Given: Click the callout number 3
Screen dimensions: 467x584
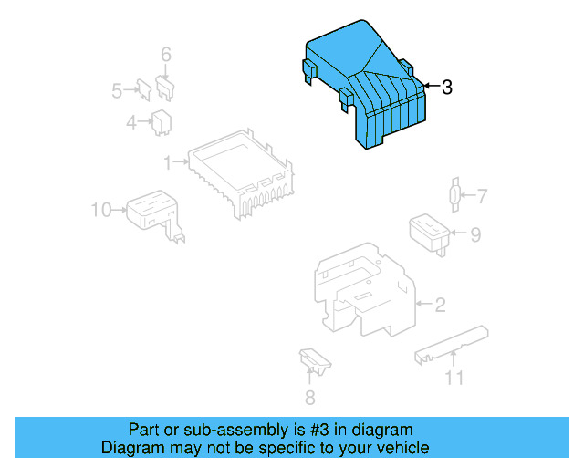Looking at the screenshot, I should click(x=446, y=88).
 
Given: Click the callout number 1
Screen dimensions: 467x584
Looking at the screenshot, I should click(x=168, y=162).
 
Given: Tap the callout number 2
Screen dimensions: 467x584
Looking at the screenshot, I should click(x=440, y=305).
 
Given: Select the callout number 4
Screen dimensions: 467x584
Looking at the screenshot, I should click(x=132, y=121).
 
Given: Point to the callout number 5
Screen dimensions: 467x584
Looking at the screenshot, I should click(x=117, y=90).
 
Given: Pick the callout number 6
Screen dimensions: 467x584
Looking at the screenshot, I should click(x=165, y=56).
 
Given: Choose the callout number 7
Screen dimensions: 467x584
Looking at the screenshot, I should click(x=482, y=195).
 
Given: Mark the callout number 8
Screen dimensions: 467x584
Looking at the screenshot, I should click(x=309, y=397).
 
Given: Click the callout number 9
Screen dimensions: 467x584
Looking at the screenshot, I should click(x=474, y=234).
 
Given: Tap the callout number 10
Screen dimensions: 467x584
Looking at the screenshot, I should click(x=101, y=210).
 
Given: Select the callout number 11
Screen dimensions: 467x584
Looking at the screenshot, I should click(x=454, y=378).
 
